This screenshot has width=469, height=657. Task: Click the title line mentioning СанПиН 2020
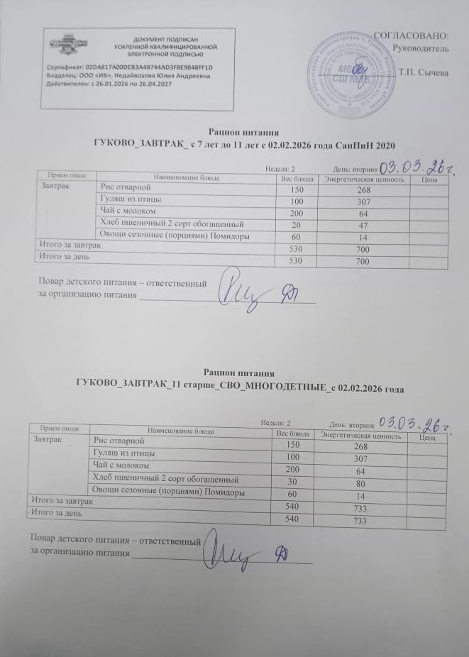click(243, 145)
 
